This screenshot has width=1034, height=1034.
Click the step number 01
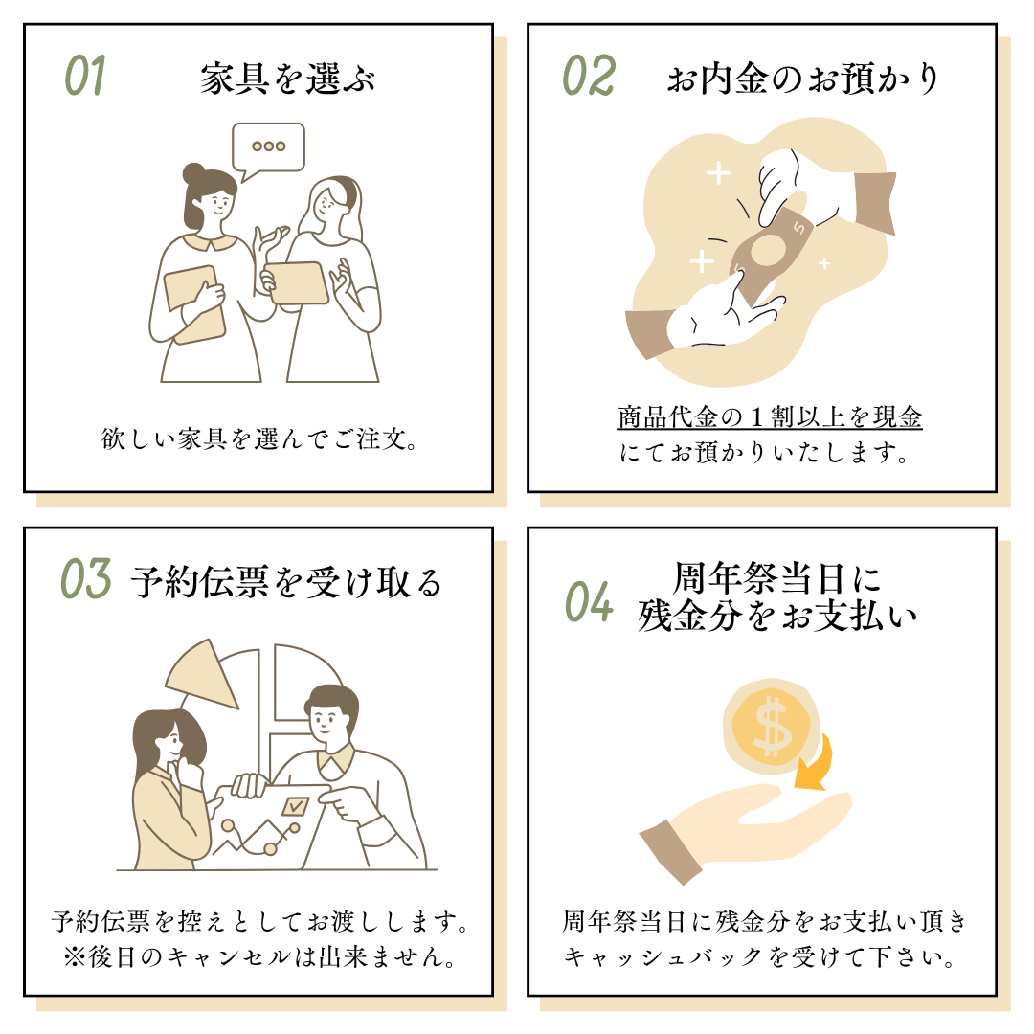coord(85,76)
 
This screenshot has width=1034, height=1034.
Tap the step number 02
coord(589,76)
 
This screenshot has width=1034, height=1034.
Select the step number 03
coord(86,579)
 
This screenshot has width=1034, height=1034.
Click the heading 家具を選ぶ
coord(287,79)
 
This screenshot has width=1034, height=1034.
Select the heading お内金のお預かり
coord(802,79)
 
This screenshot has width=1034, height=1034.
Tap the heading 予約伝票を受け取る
coord(286,582)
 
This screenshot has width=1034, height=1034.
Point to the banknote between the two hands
coord(769,250)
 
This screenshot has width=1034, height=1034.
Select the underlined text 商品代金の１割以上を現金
coord(770,416)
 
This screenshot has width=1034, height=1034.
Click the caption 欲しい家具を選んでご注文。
coord(259,438)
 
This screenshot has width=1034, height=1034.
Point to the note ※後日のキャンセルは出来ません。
coord(259,956)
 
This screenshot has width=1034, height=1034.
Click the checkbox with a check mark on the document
coord(294,806)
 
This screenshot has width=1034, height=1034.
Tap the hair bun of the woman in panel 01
coord(194,173)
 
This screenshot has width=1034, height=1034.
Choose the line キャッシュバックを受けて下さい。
coord(759,956)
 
